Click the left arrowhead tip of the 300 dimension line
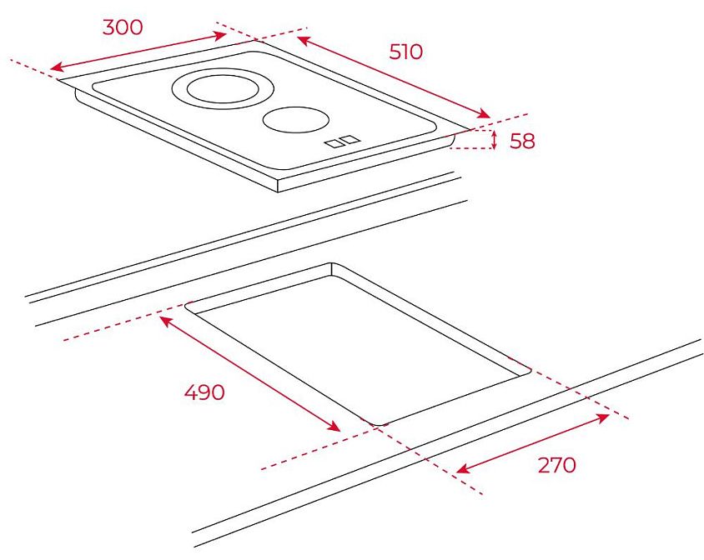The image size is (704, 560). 50,69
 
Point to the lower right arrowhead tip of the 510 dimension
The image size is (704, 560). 490,117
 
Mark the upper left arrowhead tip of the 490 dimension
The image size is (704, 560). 160,317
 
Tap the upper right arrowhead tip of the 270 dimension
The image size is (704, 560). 609,415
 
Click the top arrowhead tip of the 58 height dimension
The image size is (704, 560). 495,131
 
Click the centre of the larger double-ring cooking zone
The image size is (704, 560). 224,88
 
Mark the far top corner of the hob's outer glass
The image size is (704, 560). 257,40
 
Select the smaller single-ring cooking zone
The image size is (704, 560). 296,120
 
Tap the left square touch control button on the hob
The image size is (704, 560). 334,143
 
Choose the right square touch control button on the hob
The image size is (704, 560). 351,139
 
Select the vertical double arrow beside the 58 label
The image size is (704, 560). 495,139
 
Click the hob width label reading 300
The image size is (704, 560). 123,27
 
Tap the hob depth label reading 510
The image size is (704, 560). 406,52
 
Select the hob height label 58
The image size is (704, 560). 523,141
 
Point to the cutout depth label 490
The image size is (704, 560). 204,392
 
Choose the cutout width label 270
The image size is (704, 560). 556,465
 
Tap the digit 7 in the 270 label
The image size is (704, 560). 556,465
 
